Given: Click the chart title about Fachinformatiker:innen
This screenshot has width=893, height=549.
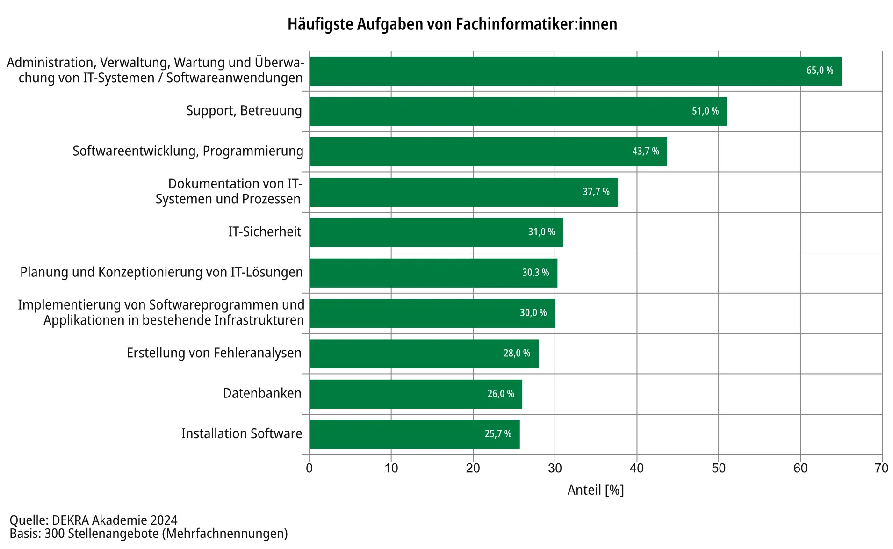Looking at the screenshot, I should [452, 24].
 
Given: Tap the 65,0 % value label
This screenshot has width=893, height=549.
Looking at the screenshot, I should [820, 71].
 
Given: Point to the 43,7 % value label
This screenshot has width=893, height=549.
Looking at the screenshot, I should [645, 151].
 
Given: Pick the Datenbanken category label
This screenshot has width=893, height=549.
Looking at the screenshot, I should [262, 393].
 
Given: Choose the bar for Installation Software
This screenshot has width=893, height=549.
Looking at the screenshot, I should [414, 434].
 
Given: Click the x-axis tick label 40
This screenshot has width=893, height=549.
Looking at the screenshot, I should [636, 468].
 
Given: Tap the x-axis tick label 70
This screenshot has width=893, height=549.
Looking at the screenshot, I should [881, 468].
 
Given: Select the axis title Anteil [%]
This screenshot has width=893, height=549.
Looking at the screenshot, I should [596, 490].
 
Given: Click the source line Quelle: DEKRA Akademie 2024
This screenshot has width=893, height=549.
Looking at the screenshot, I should [94, 520].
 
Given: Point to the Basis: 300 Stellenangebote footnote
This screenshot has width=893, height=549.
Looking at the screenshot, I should [149, 534].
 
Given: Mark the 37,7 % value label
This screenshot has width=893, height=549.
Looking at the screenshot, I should [596, 192].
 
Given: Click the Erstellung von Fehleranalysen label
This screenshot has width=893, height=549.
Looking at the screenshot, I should [214, 353].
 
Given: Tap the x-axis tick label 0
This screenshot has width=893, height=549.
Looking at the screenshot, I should [309, 468].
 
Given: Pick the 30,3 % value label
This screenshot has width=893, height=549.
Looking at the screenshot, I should [535, 273].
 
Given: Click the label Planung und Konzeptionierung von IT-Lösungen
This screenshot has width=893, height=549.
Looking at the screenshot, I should [161, 272].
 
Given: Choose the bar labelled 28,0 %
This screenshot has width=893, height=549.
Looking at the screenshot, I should [424, 354].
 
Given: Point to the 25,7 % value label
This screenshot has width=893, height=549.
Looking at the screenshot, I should [497, 434].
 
